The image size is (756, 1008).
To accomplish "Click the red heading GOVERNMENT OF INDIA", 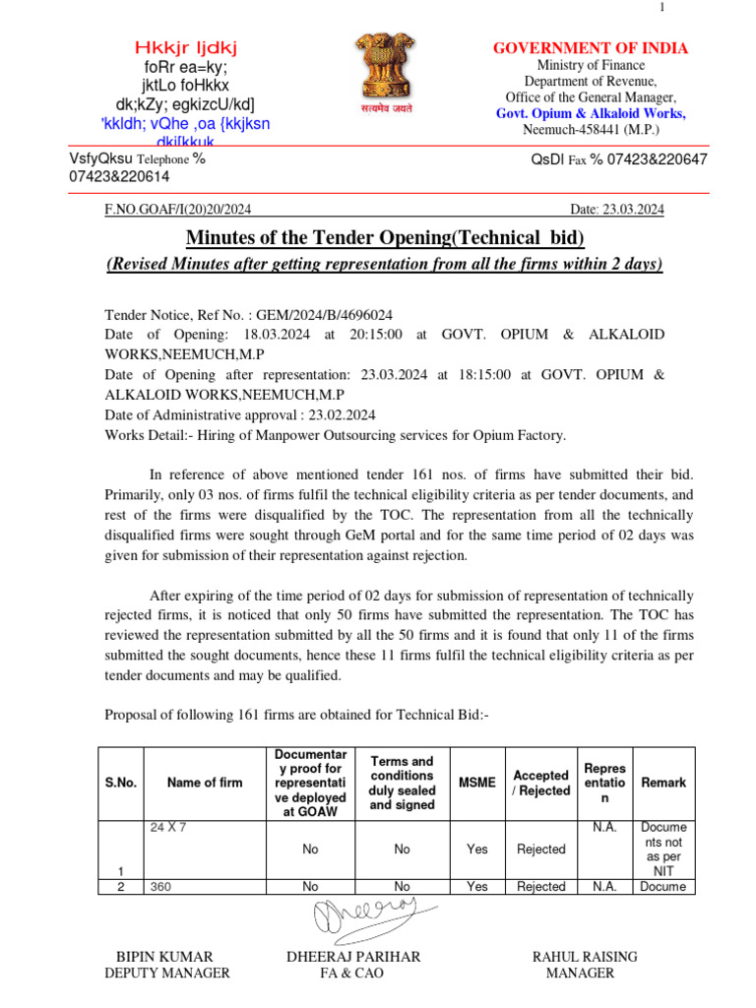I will pyautogui.click(x=590, y=48).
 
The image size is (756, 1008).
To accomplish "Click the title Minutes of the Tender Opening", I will pyautogui.click(x=385, y=238).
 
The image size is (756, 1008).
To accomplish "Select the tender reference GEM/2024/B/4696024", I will pyautogui.click(x=324, y=315).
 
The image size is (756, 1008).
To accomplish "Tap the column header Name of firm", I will pyautogui.click(x=205, y=783).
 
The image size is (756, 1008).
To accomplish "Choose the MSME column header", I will pyautogui.click(x=477, y=783).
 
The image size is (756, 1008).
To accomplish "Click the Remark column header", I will pyautogui.click(x=663, y=783).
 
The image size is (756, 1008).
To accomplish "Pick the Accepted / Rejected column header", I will pyautogui.click(x=540, y=783).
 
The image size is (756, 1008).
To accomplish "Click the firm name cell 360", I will pyautogui.click(x=160, y=887).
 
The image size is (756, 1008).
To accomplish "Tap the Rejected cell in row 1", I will pyautogui.click(x=540, y=849).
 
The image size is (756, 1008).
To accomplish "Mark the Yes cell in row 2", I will pyautogui.click(x=477, y=887).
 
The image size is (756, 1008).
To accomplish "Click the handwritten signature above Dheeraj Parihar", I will pyautogui.click(x=365, y=919).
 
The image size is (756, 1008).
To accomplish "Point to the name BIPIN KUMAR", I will pyautogui.click(x=164, y=957).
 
